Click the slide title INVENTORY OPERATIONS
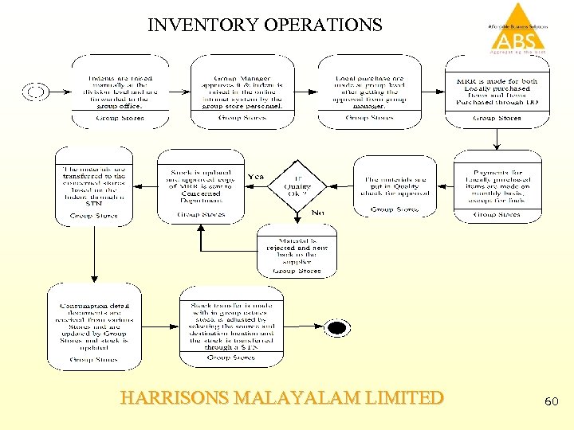pyautogui.click(x=265, y=25)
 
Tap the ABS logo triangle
pyautogui.click(x=517, y=28)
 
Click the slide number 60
pyautogui.click(x=552, y=402)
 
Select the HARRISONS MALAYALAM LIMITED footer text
pyautogui.click(x=282, y=397)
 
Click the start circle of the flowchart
pyautogui.click(x=36, y=92)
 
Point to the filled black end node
pyautogui.click(x=337, y=328)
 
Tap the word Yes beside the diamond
pyautogui.click(x=256, y=177)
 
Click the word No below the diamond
pyautogui.click(x=317, y=213)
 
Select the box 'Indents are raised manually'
pyautogui.click(x=120, y=92)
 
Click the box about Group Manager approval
pyautogui.click(x=243, y=92)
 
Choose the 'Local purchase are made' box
pyautogui.click(x=369, y=92)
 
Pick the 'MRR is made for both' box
pyautogui.click(x=497, y=92)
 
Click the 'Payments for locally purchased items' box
pyautogui.click(x=497, y=185)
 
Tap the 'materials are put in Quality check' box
pyautogui.click(x=395, y=186)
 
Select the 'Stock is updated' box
pyautogui.click(x=201, y=185)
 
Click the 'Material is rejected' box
pyautogui.click(x=297, y=251)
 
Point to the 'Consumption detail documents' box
pyautogui.click(x=94, y=326)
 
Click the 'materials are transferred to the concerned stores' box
pyautogui.click(x=93, y=185)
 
